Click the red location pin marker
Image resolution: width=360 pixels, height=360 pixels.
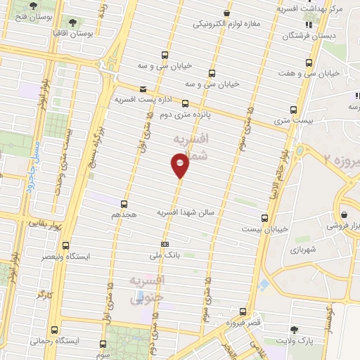180,166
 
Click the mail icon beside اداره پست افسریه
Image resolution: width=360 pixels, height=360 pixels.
143,89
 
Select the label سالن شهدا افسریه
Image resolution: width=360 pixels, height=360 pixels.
188,212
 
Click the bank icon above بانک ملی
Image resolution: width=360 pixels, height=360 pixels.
165,244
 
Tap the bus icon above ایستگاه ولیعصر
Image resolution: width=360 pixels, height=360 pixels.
66,246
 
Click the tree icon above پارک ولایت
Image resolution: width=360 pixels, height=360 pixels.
303,330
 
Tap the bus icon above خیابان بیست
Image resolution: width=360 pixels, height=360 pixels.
264,218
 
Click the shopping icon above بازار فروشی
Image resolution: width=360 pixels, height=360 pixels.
344,214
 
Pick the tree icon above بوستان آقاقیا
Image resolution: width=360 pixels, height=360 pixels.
72,22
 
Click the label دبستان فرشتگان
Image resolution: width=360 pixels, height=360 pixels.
308,35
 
